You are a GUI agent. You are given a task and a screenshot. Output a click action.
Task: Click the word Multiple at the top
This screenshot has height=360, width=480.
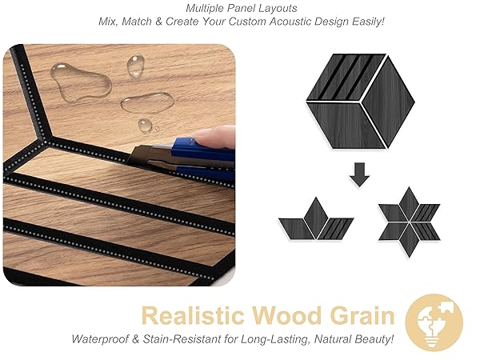pos(205,8)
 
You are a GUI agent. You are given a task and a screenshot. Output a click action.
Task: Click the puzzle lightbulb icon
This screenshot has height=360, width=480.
pos(434,322)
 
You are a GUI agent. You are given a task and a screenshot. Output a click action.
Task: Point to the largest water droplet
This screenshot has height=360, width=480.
pos(78,80)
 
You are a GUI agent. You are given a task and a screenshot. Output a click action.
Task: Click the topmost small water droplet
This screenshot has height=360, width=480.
pos(135,65)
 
